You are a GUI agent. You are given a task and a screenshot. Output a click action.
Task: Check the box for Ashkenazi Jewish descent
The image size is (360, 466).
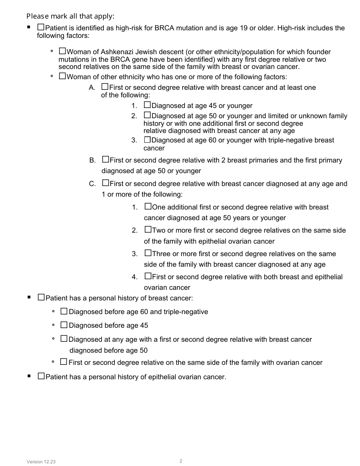63,51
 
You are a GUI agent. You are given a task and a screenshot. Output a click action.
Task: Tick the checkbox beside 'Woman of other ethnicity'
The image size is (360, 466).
63,76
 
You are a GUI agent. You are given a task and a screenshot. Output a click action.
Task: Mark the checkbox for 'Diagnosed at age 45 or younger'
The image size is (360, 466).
147,105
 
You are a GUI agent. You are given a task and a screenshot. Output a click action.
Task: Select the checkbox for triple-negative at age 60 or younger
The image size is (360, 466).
147,139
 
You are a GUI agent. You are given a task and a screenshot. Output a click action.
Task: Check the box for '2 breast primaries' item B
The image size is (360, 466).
106,160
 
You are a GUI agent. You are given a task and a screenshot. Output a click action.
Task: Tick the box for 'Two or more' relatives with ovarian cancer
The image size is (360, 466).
148,230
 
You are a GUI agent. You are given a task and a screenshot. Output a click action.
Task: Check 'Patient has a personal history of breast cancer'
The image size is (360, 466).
41,297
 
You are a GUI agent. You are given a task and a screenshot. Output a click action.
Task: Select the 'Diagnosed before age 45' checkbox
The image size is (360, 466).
64,325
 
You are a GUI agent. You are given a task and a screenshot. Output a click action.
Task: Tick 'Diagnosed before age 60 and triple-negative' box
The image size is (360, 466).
64,311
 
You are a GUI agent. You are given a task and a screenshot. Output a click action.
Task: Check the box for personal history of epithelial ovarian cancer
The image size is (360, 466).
41,376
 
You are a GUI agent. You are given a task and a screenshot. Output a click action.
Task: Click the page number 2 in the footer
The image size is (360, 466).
181,461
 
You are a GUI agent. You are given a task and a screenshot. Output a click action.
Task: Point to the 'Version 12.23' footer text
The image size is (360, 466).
41,462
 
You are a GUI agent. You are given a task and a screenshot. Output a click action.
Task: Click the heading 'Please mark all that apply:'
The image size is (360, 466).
70,16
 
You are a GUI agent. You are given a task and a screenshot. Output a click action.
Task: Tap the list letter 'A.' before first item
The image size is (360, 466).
92,88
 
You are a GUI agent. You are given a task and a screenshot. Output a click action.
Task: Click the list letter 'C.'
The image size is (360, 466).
92,184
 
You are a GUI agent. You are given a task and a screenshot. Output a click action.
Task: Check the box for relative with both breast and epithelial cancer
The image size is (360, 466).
148,276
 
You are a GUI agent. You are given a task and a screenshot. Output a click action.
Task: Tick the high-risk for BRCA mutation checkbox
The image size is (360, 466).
41,27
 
